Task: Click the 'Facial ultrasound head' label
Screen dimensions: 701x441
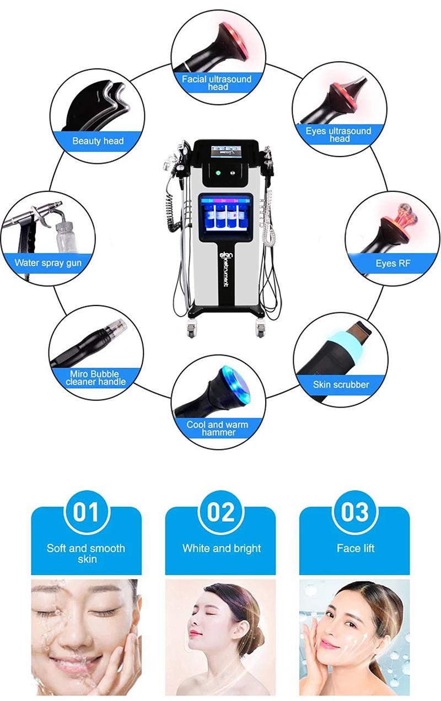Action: [217, 83]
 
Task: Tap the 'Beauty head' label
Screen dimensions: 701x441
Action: [98, 141]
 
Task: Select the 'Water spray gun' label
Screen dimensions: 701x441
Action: [48, 263]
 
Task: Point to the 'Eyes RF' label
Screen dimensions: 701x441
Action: [394, 263]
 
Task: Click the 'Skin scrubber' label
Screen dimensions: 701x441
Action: [341, 384]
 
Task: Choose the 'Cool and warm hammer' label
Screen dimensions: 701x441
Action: [217, 429]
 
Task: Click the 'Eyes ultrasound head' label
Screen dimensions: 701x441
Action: [339, 135]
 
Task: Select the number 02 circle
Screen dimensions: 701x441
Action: [220, 512]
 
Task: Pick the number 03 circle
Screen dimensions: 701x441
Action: [354, 512]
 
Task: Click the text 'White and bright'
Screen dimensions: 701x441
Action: [221, 549]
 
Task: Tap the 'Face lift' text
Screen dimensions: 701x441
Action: [355, 549]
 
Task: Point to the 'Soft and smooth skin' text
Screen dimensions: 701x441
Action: [86, 553]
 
